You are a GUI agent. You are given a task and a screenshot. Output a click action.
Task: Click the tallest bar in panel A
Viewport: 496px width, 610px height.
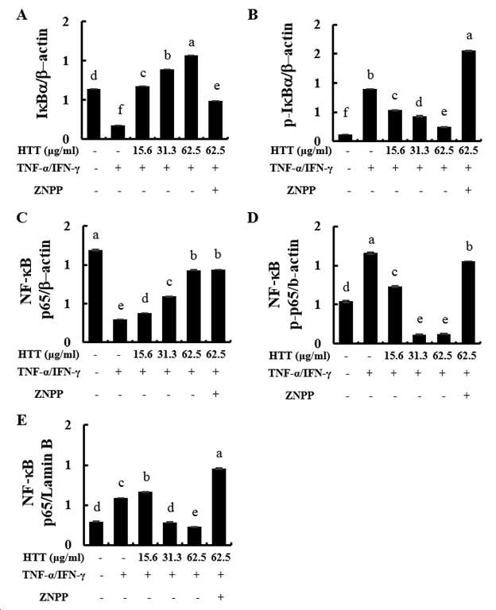(x=191, y=97)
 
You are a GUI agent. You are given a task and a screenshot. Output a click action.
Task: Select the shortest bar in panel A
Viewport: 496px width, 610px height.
(x=118, y=132)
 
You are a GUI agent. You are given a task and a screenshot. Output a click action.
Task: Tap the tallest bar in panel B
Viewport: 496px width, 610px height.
(x=468, y=95)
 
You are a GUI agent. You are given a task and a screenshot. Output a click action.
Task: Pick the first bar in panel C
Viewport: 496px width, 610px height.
(x=95, y=296)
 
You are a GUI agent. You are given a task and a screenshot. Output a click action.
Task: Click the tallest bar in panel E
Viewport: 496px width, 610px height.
(x=219, y=507)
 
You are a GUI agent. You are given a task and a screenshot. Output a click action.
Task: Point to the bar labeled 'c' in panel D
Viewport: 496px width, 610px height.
(x=395, y=315)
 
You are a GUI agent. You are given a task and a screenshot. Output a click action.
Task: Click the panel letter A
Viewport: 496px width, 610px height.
(x=22, y=16)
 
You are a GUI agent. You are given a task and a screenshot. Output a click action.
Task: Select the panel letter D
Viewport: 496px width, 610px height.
(x=253, y=217)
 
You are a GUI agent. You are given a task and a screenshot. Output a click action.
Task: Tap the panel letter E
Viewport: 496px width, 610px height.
(x=21, y=420)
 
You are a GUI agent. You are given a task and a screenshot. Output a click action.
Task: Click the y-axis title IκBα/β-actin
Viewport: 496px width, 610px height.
(x=42, y=73)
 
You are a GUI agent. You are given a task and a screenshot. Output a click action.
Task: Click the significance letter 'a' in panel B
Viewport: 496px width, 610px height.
(x=469, y=37)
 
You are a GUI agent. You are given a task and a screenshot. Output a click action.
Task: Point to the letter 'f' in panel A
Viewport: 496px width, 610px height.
(x=120, y=110)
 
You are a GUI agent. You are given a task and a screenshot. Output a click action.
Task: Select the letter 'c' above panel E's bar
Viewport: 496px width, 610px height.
(x=122, y=484)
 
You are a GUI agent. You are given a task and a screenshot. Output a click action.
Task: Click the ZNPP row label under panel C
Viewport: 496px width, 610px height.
(x=48, y=394)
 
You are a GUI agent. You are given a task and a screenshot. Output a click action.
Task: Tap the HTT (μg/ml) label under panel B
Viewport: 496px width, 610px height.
(x=301, y=151)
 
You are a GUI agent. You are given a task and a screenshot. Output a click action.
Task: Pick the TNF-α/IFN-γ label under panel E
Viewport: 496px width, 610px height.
(x=54, y=575)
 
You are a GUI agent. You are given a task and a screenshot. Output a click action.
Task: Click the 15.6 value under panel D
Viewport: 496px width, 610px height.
(x=393, y=356)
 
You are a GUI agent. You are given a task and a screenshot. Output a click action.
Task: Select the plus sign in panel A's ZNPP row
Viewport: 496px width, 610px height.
(x=215, y=190)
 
